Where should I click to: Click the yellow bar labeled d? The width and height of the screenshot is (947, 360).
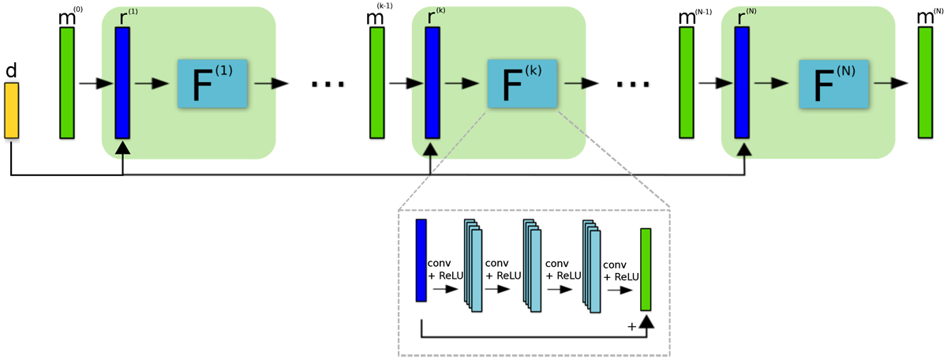[11, 110]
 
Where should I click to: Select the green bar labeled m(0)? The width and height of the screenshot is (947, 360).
[67, 82]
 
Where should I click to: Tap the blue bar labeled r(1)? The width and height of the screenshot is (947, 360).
[122, 82]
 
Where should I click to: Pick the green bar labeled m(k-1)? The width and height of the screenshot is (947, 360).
[377, 82]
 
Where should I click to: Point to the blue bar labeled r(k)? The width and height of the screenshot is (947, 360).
[432, 82]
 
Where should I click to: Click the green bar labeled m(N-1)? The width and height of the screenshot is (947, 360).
[687, 82]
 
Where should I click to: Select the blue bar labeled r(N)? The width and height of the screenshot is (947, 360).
[742, 82]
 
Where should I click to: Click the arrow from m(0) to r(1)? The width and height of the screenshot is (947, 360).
[95, 83]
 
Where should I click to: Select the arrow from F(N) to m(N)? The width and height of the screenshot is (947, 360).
[892, 83]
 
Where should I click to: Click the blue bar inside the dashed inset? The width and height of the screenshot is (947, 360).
[421, 261]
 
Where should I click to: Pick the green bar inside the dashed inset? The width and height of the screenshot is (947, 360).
[646, 269]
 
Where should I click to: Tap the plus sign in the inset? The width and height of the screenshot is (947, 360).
[631, 325]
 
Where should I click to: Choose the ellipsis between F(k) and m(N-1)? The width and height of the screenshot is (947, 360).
[636, 84]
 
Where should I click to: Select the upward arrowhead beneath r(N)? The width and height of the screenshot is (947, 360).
[742, 148]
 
